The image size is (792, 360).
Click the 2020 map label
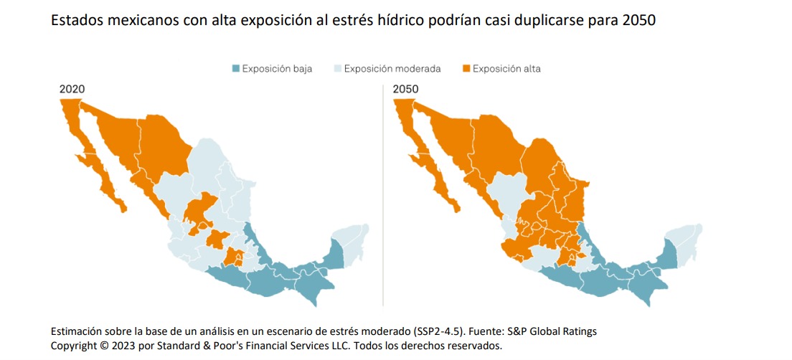click(72, 89)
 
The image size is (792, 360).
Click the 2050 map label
click(405, 89)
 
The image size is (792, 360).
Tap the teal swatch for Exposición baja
click(235, 69)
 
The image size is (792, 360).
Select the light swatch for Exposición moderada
click(338, 69)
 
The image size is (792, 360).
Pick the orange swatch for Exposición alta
click(465, 69)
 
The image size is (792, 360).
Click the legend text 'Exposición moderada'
click(392, 69)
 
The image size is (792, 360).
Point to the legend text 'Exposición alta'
click(506, 69)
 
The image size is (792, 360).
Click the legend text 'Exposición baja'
click(277, 69)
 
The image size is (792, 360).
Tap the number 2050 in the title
click(638, 21)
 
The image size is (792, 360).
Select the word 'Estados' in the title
click(75, 21)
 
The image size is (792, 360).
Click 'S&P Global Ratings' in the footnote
click(551, 331)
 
